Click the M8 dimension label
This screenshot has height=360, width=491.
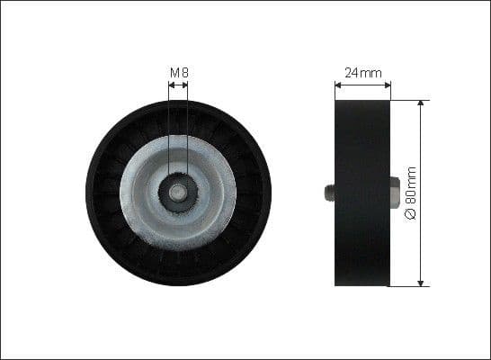[x=178, y=71]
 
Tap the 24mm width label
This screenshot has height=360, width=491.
[x=362, y=71]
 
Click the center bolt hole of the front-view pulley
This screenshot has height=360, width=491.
[x=178, y=193]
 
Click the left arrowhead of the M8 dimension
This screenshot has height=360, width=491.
[x=171, y=86]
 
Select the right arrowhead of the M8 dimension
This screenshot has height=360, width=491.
[x=185, y=86]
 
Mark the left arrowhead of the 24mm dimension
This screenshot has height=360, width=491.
[x=338, y=86]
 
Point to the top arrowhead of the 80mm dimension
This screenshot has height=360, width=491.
[x=420, y=103]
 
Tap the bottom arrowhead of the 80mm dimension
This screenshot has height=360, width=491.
[x=420, y=283]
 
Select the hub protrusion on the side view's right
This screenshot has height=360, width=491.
[x=395, y=193]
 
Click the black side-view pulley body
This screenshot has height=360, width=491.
[x=362, y=193]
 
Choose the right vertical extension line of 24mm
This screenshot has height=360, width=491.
[x=391, y=90]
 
